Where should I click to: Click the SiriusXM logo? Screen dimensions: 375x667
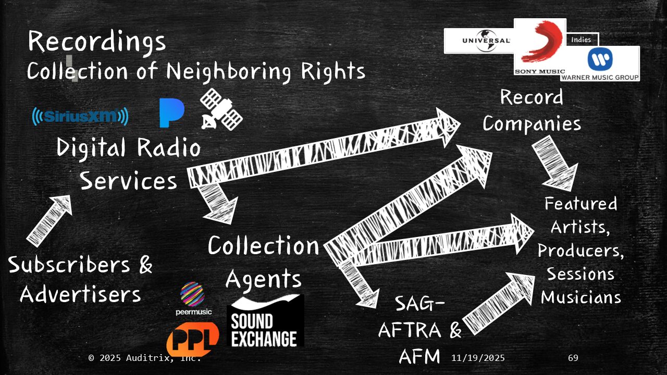point(80,116)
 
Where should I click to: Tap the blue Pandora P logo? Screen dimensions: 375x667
point(171,113)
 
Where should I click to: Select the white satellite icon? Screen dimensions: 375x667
point(221,109)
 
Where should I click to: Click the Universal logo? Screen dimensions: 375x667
point(478,41)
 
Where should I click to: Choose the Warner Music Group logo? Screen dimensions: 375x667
point(600,64)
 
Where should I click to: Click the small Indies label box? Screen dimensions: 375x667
point(582,40)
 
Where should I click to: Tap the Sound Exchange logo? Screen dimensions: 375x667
point(265,321)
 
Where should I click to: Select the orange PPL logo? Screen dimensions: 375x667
point(192,340)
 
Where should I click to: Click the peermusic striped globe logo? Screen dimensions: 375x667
point(192,295)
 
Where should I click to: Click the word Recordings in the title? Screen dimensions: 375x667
point(97,41)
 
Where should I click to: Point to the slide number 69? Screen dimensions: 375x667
point(573,358)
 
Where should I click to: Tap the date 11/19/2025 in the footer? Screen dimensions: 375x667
point(478,358)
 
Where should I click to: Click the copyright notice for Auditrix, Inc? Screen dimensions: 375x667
point(144,358)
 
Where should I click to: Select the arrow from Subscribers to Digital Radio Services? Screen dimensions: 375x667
point(49,220)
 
